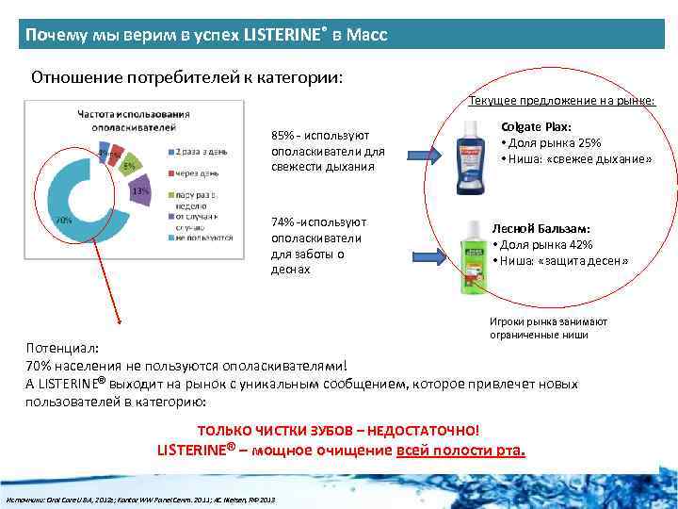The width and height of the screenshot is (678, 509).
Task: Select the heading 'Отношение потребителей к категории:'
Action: pyautogui.click(x=187, y=76)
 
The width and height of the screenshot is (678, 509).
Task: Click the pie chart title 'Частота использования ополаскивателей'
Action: pyautogui.click(x=133, y=121)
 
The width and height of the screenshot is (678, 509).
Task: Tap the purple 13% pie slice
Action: pyautogui.click(x=139, y=191)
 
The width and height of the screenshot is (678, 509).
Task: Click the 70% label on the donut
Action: pyautogui.click(x=64, y=220)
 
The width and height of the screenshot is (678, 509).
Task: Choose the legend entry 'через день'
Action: pyautogui.click(x=198, y=172)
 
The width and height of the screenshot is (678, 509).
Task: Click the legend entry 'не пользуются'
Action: pyautogui.click(x=202, y=238)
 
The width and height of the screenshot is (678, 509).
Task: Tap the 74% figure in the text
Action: pyautogui.click(x=282, y=222)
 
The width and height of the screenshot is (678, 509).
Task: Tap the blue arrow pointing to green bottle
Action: pyautogui.click(x=429, y=254)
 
